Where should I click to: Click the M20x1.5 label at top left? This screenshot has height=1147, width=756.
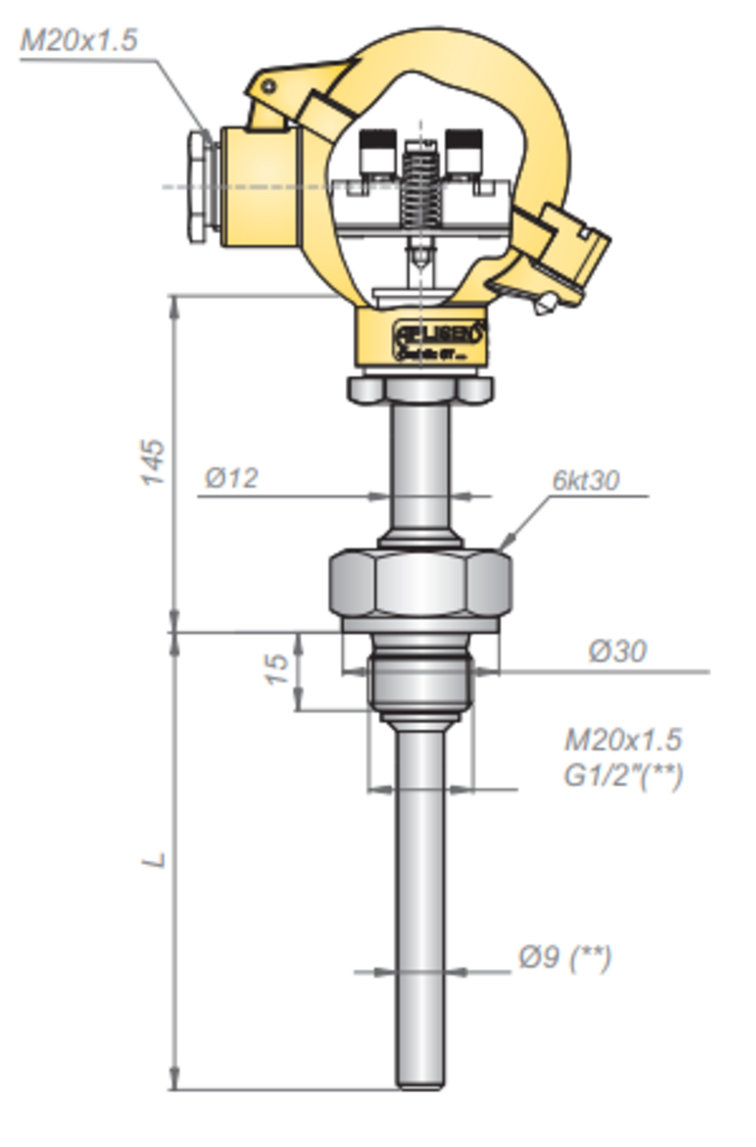point(78,40)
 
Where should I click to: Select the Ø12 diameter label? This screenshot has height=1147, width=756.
point(231,479)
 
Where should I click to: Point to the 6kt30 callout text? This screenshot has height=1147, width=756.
point(585,480)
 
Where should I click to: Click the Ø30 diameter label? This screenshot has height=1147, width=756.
point(617,651)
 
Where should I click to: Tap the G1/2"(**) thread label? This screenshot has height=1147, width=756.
point(623,775)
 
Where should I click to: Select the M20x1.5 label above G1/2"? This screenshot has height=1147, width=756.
point(623,740)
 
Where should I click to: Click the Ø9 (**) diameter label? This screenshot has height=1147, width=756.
point(565,957)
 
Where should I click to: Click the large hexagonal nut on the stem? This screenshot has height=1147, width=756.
point(420,586)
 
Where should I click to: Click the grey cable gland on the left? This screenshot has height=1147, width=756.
point(198,187)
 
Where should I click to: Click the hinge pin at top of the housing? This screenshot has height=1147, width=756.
point(267,86)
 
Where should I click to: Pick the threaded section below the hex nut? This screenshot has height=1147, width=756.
point(420,681)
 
